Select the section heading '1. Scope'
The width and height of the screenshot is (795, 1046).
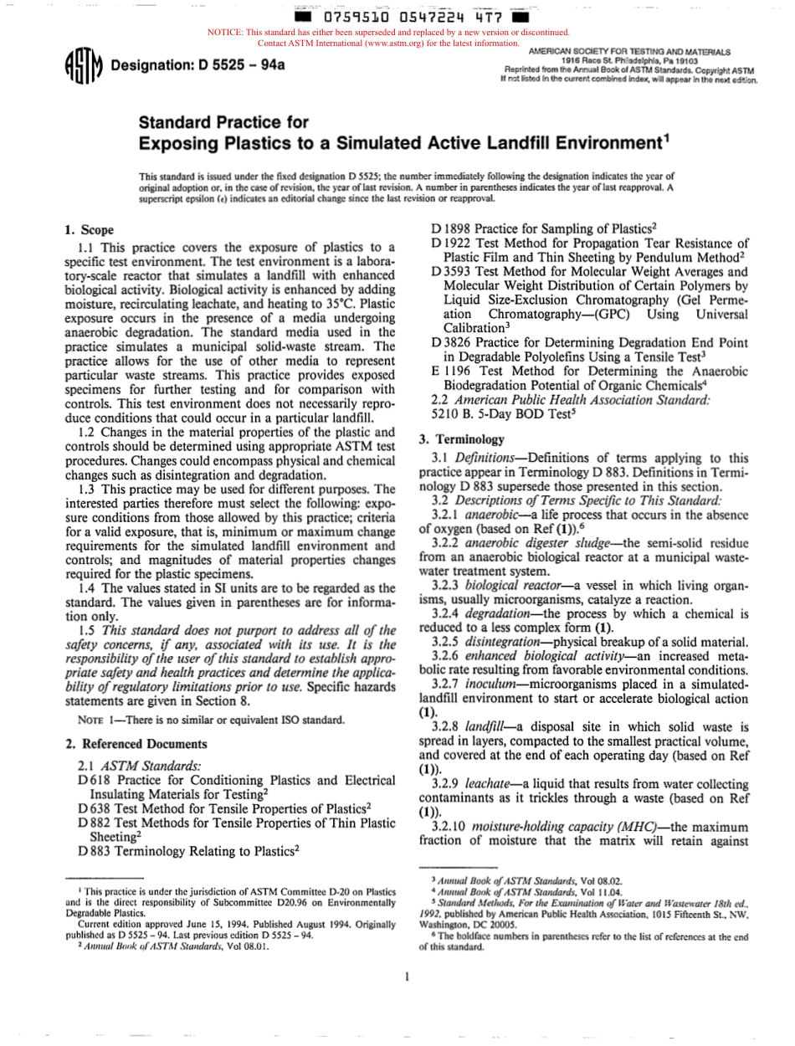pyautogui.click(x=90, y=230)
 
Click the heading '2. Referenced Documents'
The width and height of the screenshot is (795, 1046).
pyautogui.click(x=136, y=744)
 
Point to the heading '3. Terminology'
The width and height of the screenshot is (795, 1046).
pyautogui.click(x=461, y=438)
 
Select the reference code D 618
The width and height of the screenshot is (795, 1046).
pyautogui.click(x=94, y=781)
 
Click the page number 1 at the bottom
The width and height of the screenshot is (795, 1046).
pyautogui.click(x=404, y=976)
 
